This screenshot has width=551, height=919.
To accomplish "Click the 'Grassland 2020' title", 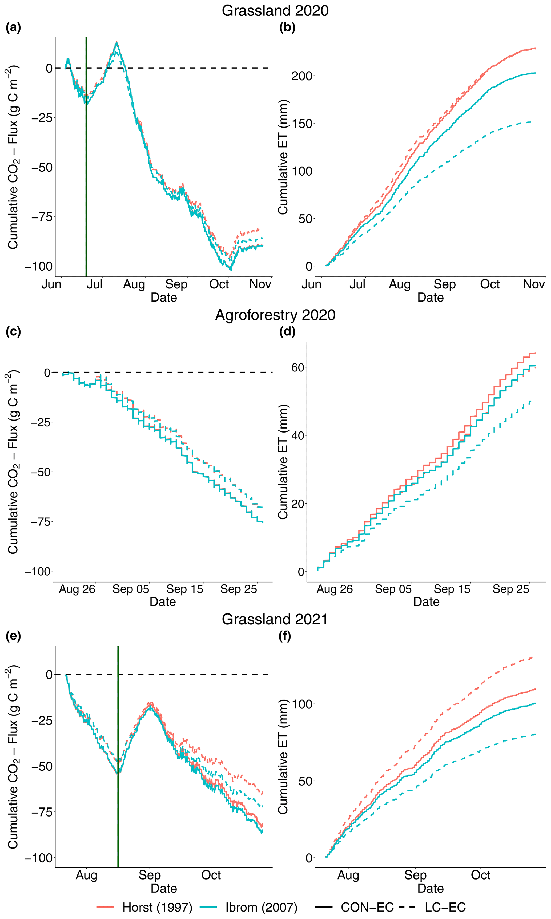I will pyautogui.click(x=275, y=10).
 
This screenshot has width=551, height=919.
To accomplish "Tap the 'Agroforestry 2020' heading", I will pyautogui.click(x=275, y=315).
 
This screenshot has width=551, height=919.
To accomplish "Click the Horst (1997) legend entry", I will pyautogui.click(x=145, y=907).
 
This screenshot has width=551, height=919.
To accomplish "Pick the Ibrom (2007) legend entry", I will pyautogui.click(x=249, y=907).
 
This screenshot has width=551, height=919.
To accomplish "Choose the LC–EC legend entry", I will pyautogui.click(x=433, y=907).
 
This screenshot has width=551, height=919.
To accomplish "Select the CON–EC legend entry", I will pyautogui.click(x=354, y=907).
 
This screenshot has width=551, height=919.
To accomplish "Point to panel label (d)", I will pyautogui.click(x=287, y=331).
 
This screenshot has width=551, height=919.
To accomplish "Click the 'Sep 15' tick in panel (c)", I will pyautogui.click(x=184, y=589).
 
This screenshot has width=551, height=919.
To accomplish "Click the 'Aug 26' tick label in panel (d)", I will pyautogui.click(x=335, y=589).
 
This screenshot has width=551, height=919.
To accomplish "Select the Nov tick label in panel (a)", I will pyautogui.click(x=260, y=284).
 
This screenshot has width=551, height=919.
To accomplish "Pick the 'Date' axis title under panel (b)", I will pyautogui.click(x=430, y=297).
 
